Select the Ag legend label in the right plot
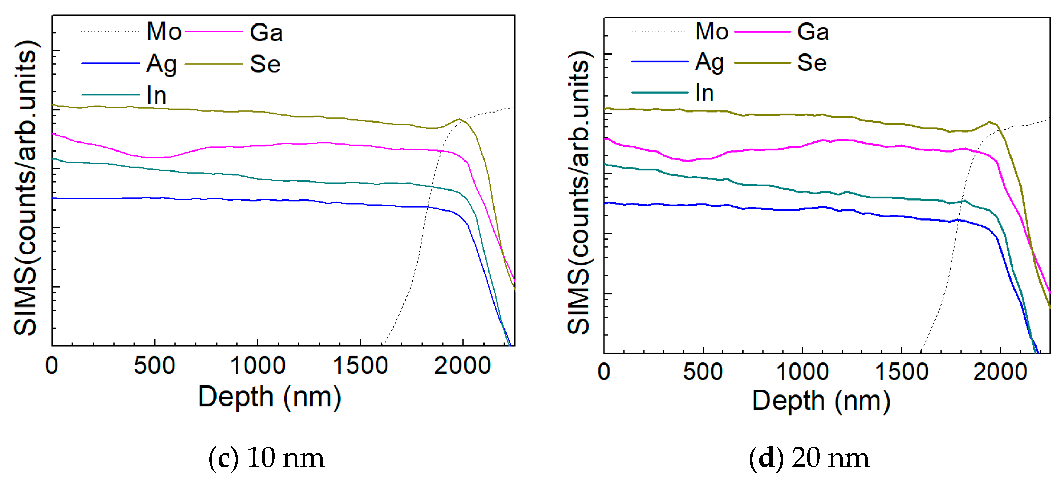click(709, 62)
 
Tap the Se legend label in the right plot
click(812, 63)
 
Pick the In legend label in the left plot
click(156, 95)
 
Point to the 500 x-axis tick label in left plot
click(154, 366)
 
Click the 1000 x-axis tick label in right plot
click(802, 372)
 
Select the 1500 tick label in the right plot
click(902, 372)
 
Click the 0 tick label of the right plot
click(604, 372)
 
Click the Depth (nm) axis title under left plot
click(269, 397)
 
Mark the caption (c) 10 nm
click(266, 458)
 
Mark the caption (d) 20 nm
click(809, 458)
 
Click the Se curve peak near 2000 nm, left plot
click(459, 119)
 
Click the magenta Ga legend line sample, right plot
click(762, 32)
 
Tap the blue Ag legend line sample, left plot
click(110, 63)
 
